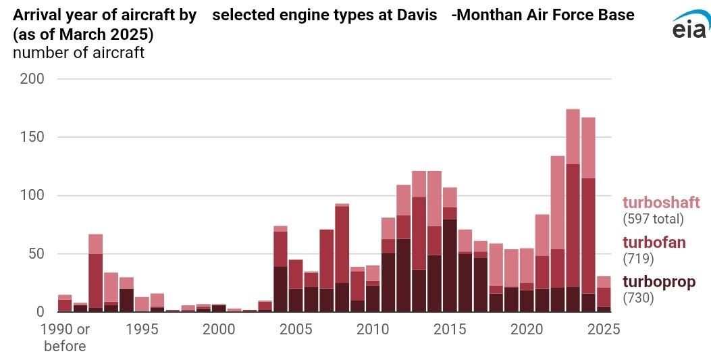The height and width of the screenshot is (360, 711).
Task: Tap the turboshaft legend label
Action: pyautogui.click(x=661, y=203)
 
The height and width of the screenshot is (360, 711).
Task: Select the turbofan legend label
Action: pyautogui.click(x=654, y=242)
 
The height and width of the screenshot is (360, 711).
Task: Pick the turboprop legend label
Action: pyautogui.click(x=658, y=282)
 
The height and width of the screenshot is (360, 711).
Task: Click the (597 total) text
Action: pyautogui.click(x=653, y=219)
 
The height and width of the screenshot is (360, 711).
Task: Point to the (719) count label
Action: pyautogui.click(x=637, y=258)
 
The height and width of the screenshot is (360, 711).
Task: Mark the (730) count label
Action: pyautogui.click(x=637, y=297)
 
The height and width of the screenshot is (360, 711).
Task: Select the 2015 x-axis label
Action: pyautogui.click(x=450, y=329)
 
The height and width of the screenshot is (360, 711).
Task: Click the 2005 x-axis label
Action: pyautogui.click(x=295, y=329)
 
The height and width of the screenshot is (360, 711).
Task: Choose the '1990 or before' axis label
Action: pyautogui.click(x=64, y=337)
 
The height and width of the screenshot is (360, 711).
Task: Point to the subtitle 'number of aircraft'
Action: pyautogui.click(x=78, y=53)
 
